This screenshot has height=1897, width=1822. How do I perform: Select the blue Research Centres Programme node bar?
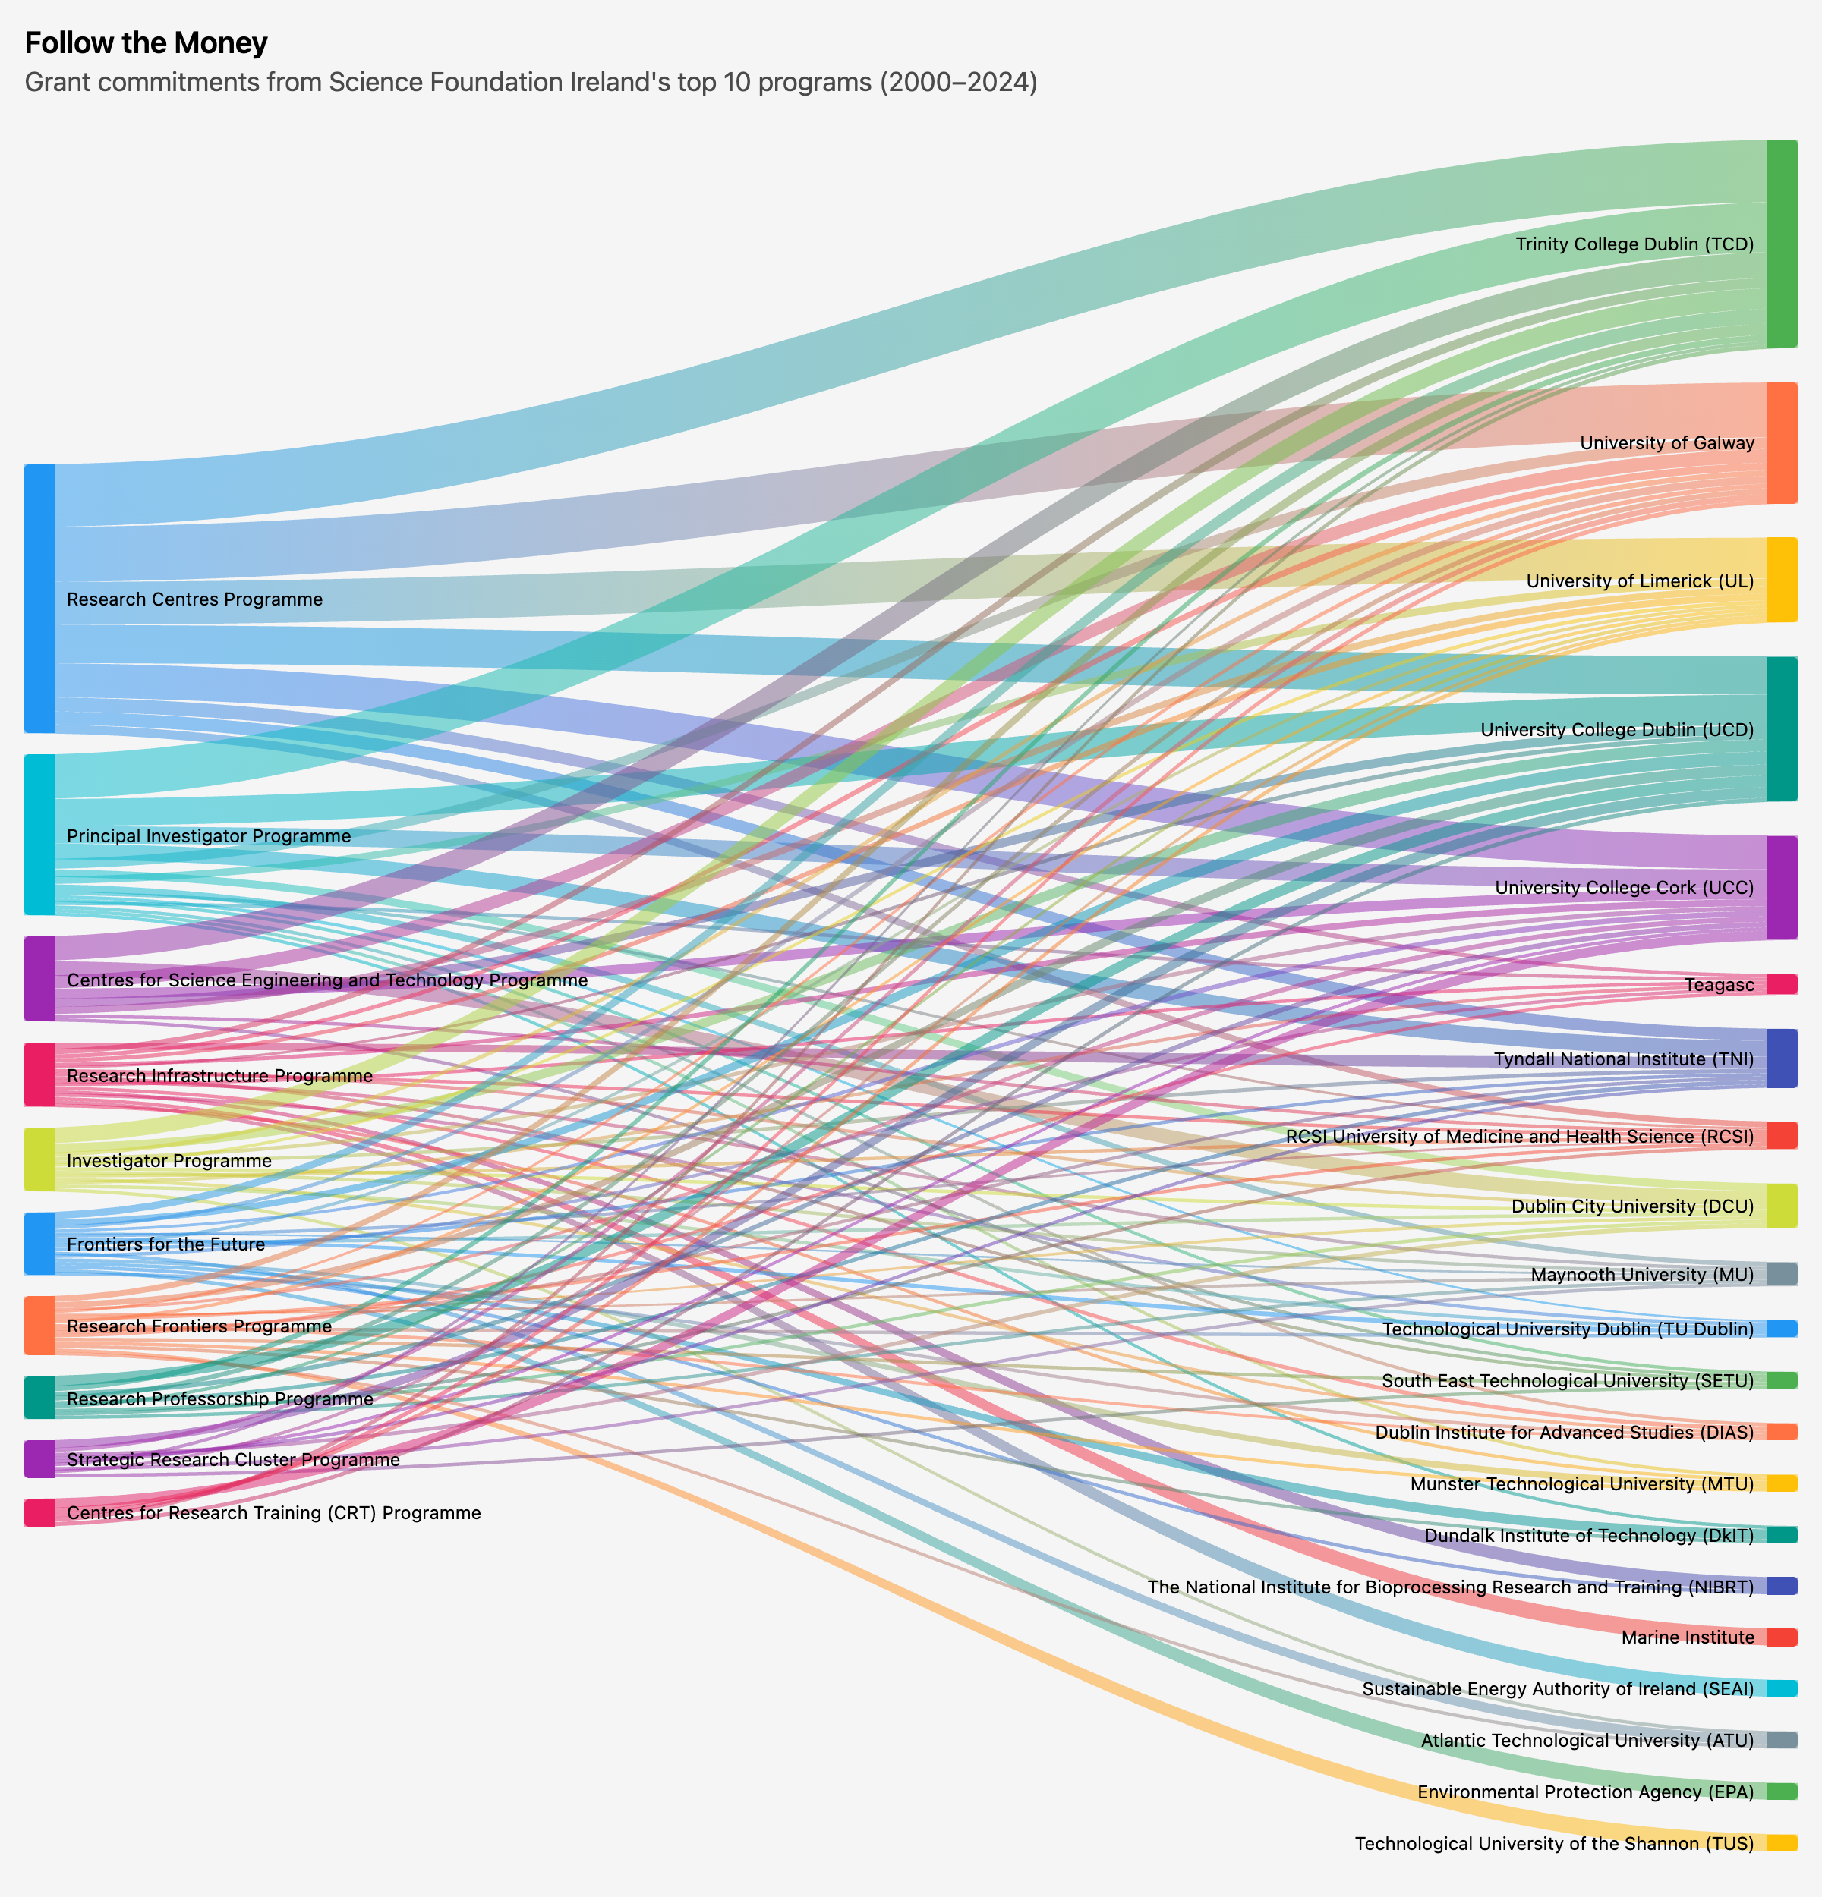pos(39,598)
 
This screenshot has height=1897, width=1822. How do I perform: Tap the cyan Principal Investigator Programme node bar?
pos(39,834)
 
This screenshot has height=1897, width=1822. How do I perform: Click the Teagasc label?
pos(1719,985)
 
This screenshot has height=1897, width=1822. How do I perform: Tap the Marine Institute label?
pos(1688,1637)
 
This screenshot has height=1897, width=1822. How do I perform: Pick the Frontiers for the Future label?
pos(165,1244)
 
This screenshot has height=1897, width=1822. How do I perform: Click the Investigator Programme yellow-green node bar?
pos(39,1159)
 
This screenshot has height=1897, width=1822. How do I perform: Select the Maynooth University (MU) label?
pos(1642,1275)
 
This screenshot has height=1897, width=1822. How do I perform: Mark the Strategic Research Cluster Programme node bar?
pos(39,1459)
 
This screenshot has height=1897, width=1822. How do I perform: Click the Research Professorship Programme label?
pos(219,1399)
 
